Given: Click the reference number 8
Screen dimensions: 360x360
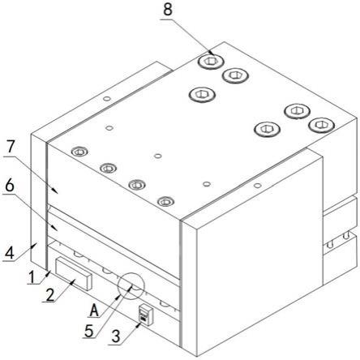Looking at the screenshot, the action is point(168,10).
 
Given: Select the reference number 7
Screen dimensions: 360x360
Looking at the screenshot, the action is point(11,148).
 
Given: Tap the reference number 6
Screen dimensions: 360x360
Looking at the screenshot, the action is point(10,186).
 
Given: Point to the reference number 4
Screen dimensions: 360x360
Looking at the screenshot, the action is point(9,253).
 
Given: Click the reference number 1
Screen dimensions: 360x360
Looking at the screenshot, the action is point(32,277).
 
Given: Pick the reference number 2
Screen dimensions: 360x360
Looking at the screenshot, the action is point(50,294).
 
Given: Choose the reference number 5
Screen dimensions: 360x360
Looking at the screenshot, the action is point(89,331).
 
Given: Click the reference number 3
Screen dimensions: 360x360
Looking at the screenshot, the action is point(116,336).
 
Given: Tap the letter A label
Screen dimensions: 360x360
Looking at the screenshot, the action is point(94,310).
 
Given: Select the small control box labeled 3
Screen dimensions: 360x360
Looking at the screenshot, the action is point(146,315).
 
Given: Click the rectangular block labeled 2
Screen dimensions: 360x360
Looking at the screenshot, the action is point(74,273).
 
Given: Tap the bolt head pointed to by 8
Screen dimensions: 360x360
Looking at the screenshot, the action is point(211,62).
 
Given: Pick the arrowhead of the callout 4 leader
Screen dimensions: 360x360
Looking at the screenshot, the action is point(36,245).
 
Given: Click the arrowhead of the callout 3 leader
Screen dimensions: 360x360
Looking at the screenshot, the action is point(139,324).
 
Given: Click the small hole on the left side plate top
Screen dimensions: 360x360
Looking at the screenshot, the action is point(107,99).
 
